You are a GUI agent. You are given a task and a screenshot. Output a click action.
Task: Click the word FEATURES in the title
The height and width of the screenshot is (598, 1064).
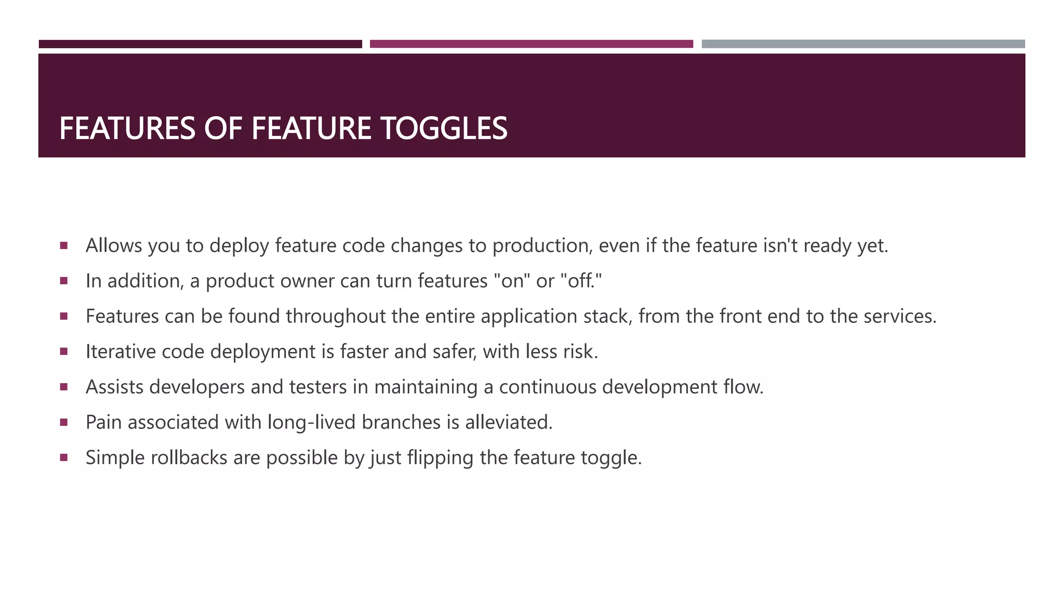[127, 128]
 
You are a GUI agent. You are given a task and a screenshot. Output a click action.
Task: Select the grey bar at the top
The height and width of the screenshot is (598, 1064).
[863, 44]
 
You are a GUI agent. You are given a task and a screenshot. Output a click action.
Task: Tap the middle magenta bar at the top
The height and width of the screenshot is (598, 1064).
[531, 44]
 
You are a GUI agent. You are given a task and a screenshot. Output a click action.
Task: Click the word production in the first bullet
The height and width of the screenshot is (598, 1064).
[542, 246]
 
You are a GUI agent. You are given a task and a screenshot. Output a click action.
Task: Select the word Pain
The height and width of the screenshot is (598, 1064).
[103, 422]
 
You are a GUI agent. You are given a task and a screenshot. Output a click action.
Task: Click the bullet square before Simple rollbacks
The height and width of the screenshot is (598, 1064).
[64, 457]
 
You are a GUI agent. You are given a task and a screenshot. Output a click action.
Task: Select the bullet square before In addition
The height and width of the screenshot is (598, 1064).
[64, 281]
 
